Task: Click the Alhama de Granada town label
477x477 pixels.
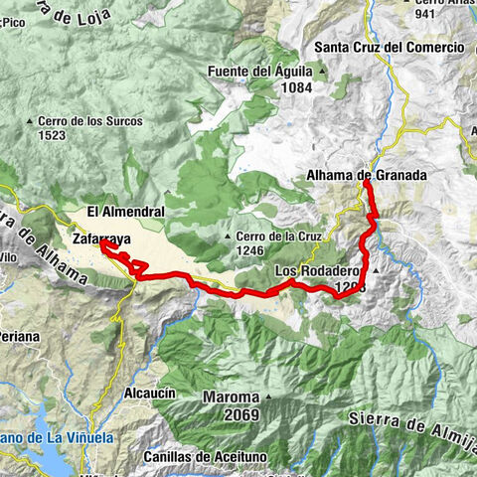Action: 366,176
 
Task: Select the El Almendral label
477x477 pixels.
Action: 124,212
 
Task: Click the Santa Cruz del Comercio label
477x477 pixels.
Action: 389,47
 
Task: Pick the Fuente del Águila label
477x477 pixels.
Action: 260,72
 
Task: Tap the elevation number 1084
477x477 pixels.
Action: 296,87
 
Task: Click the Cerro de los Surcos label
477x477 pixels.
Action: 90,121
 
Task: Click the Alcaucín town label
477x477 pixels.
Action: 149,394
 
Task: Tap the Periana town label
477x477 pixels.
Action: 19,337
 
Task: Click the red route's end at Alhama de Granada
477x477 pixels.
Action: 366,184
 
